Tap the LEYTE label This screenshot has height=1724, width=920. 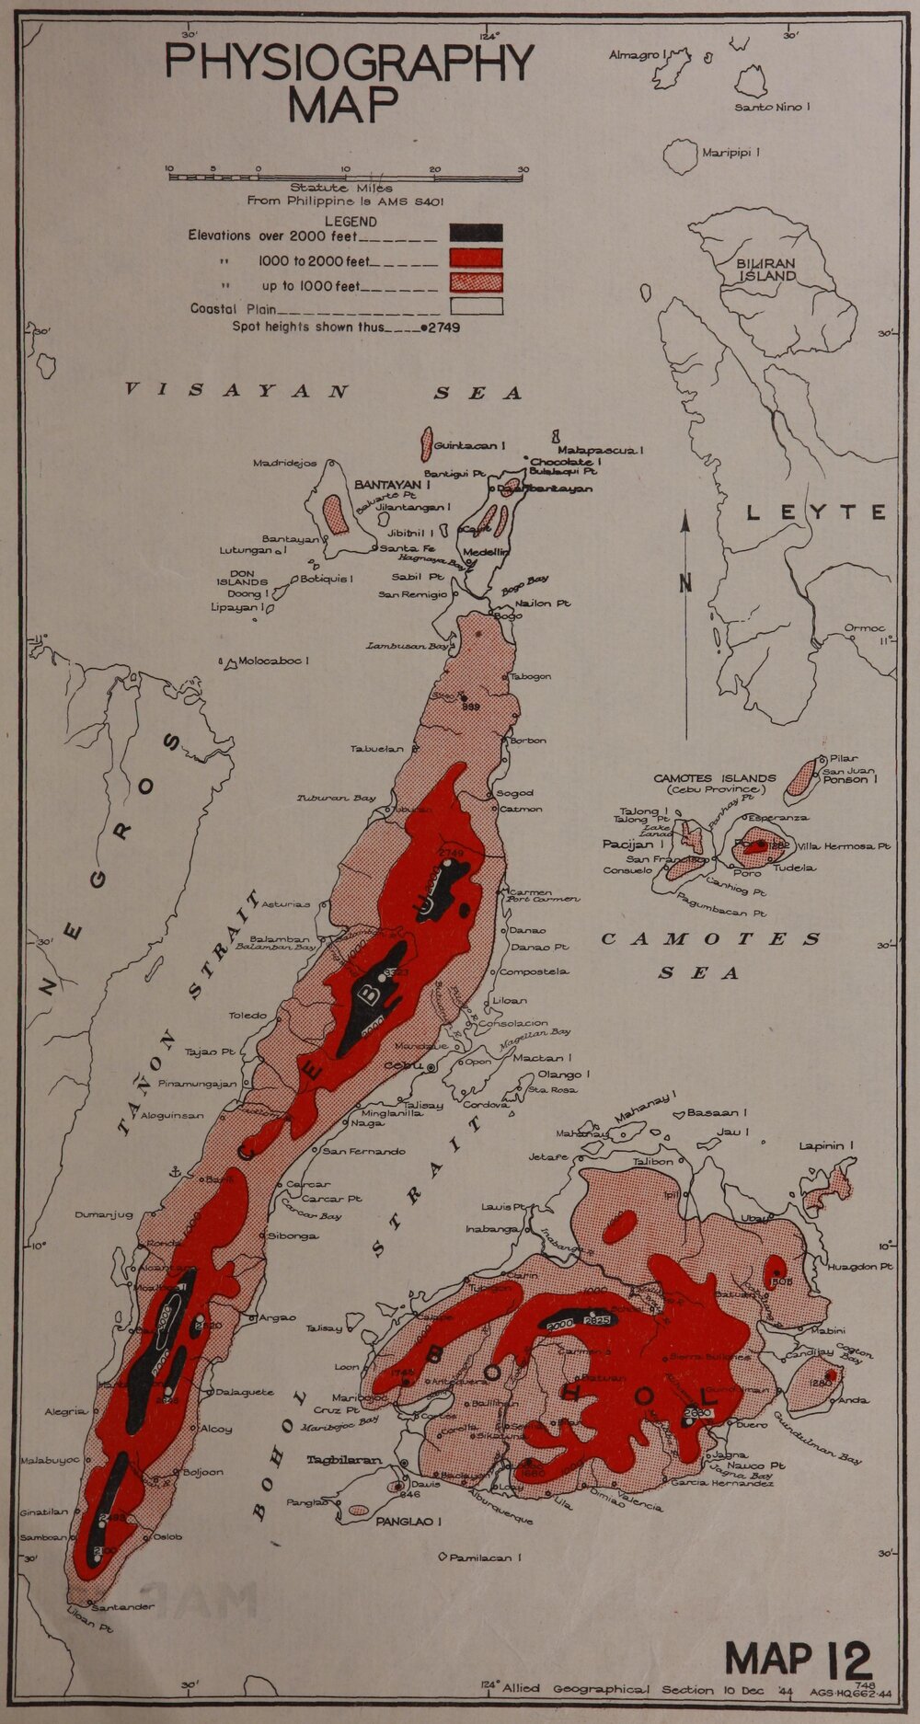816,512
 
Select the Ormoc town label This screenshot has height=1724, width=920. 863,629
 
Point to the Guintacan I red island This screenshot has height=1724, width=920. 426,444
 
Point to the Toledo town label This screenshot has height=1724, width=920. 248,1016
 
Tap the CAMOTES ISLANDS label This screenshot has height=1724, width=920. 715,778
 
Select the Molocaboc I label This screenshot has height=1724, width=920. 273,661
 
